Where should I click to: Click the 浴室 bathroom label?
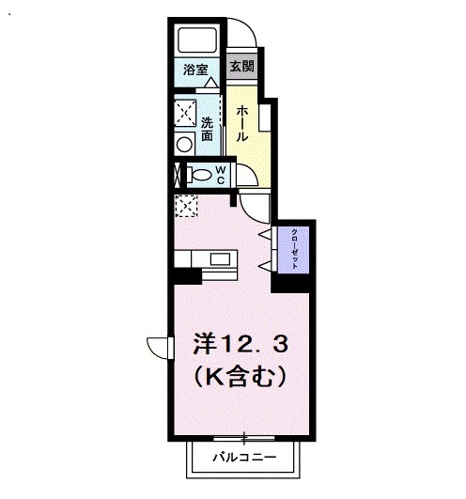tap(194, 69)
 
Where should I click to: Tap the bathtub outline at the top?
tap(197, 40)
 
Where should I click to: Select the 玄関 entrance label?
tap(241, 68)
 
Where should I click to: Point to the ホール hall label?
tap(242, 123)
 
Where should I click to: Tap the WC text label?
tap(219, 174)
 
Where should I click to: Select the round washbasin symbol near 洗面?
tap(184, 144)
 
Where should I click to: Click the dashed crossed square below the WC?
tap(185, 205)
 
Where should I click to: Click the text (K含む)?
tap(240, 376)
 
